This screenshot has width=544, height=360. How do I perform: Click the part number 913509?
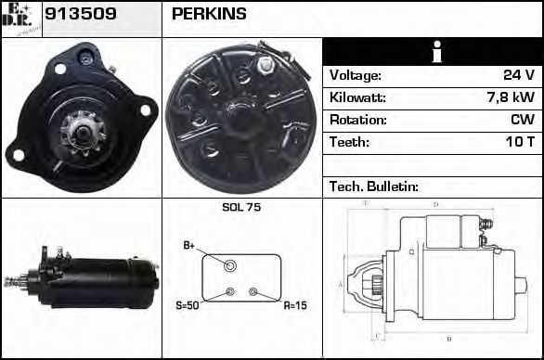[75, 14]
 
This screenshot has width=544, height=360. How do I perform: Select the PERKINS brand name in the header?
[209, 14]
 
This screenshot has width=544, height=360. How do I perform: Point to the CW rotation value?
[522, 121]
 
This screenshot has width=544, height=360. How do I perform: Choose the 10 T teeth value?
[518, 143]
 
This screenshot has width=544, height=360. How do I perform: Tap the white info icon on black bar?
[433, 52]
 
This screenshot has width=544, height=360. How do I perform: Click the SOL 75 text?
[241, 208]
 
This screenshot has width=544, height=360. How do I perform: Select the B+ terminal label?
[189, 246]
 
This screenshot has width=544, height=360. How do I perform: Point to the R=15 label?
[294, 304]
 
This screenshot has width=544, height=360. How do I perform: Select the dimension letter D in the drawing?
[436, 205]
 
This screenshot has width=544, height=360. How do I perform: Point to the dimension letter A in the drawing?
[341, 283]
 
